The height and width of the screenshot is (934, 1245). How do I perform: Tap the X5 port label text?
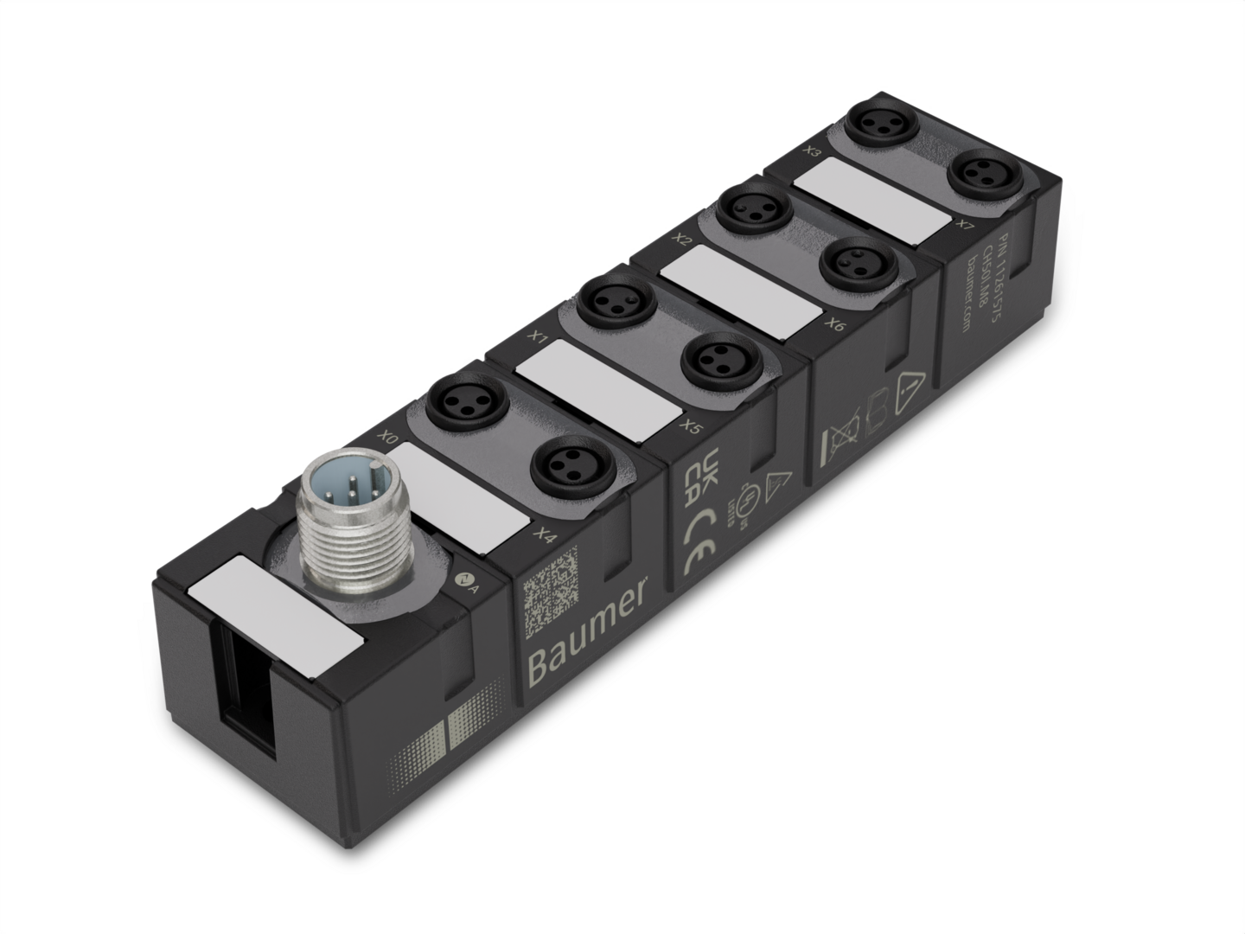(690, 425)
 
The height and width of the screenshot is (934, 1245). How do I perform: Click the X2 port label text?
(683, 237)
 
